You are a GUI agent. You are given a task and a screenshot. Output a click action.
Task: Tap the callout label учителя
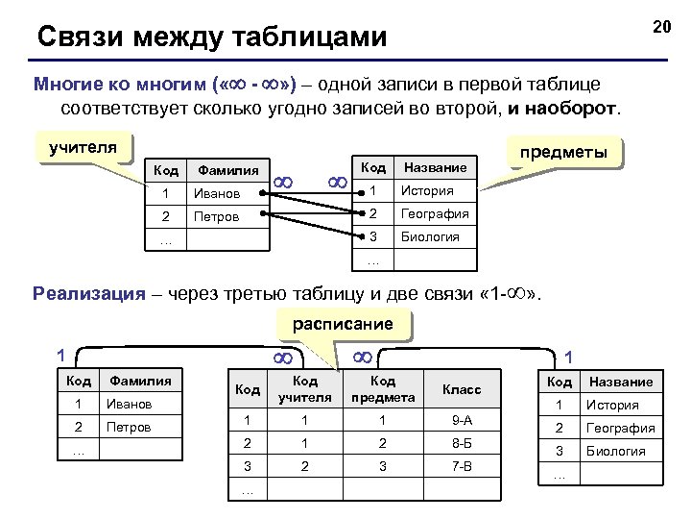pyautogui.click(x=83, y=148)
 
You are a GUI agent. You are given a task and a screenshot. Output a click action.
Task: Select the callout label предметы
pyautogui.click(x=563, y=153)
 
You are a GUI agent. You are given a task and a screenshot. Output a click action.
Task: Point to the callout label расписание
pyautogui.click(x=343, y=324)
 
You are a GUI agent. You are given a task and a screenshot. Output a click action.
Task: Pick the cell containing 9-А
pyautogui.click(x=462, y=420)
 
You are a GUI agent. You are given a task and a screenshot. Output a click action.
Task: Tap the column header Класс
pyautogui.click(x=462, y=389)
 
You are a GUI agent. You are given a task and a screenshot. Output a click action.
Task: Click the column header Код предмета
pyautogui.click(x=383, y=389)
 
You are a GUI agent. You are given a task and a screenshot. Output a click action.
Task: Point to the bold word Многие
pyautogui.click(x=66, y=84)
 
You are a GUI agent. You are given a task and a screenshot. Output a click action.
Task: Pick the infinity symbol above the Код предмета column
pyautogui.click(x=363, y=358)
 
